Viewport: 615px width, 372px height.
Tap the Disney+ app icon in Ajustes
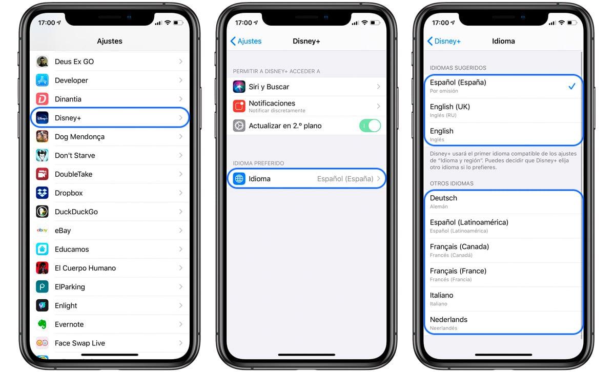point(42,118)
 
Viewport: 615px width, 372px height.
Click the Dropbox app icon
point(42,193)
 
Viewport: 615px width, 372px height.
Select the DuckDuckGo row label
point(76,212)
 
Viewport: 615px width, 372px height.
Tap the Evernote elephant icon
point(42,324)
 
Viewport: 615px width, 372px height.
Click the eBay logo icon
point(42,231)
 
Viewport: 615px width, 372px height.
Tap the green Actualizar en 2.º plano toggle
point(370,126)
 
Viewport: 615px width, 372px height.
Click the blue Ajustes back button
point(246,41)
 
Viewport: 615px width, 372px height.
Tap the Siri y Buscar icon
point(239,87)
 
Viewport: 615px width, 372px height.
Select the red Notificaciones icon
point(239,106)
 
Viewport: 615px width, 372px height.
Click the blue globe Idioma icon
point(239,179)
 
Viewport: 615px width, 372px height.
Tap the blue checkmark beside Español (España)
point(571,87)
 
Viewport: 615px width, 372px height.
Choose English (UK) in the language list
point(450,107)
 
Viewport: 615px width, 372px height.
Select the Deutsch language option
point(443,198)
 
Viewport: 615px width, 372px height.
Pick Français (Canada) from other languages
point(459,247)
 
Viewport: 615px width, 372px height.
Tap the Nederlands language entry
point(448,320)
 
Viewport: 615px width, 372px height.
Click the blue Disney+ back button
point(444,41)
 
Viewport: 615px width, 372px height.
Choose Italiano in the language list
point(441,296)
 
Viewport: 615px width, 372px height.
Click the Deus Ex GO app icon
point(42,61)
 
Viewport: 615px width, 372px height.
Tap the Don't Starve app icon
point(42,155)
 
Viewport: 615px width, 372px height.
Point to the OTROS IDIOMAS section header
point(452,183)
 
